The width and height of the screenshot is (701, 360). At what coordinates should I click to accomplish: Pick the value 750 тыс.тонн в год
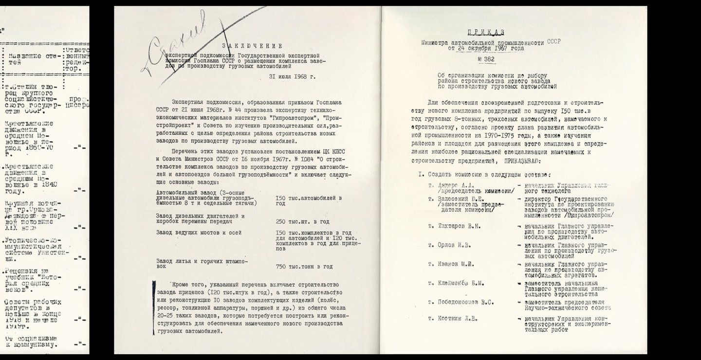tap(304, 266)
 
